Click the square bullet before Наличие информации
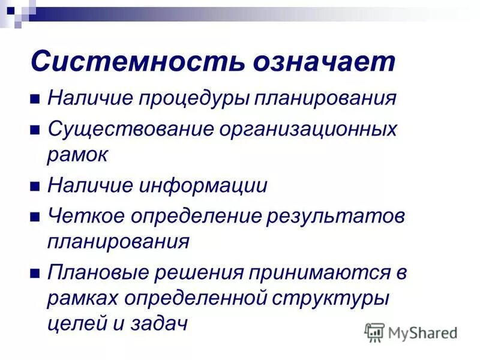35,186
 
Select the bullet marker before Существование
35,130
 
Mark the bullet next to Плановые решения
35,272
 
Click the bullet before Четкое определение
35,217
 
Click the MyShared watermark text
422,332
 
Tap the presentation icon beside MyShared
374,332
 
